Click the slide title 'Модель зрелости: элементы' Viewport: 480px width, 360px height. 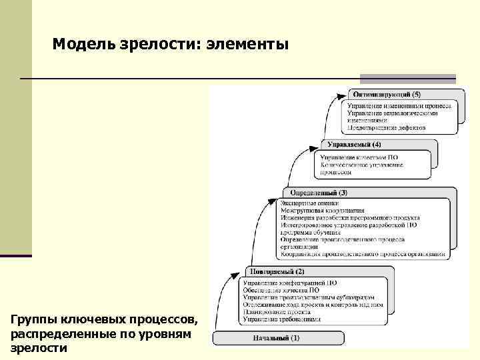pos(170,45)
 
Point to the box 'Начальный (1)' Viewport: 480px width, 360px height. pos(277,338)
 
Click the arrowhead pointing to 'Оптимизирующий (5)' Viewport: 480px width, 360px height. pos(343,95)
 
